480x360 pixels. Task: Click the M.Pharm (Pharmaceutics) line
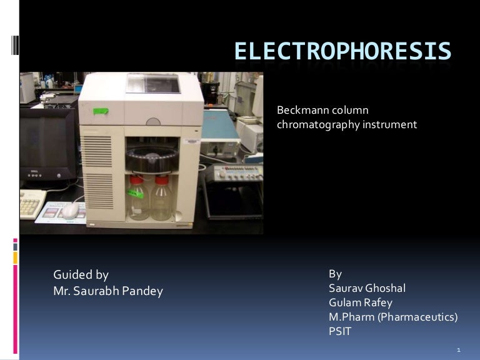393,317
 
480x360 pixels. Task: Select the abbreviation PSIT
340,331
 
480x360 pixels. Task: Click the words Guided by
81,275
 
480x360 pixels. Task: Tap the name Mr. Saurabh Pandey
108,291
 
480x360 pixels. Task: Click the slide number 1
459,349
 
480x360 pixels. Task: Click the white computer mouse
71,211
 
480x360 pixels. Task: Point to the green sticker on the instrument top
101,111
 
